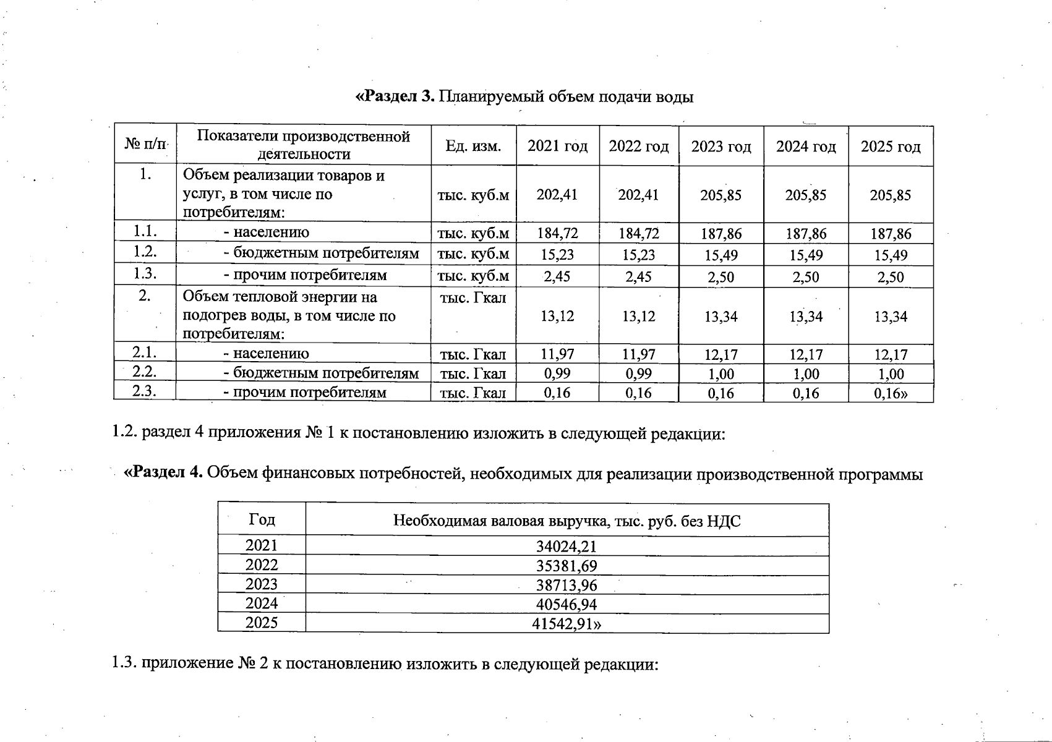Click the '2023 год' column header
coord(721,147)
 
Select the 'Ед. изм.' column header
coord(473,147)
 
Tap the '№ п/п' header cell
coord(145,144)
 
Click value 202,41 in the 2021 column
coord(557,195)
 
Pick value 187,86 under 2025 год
coord(891,234)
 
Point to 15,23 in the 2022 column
coord(638,255)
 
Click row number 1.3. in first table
coord(145,274)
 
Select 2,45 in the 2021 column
coord(557,276)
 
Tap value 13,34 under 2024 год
coord(806,317)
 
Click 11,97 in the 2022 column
coord(638,354)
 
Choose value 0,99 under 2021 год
coord(557,373)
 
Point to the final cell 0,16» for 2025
coord(891,393)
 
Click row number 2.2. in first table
coord(144,372)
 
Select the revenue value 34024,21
coord(567,547)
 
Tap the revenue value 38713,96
coord(567,585)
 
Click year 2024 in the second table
coord(262,603)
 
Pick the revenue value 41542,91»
coord(567,624)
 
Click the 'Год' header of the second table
coord(262,519)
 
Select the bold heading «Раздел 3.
coord(396,96)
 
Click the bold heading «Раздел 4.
coord(163,473)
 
